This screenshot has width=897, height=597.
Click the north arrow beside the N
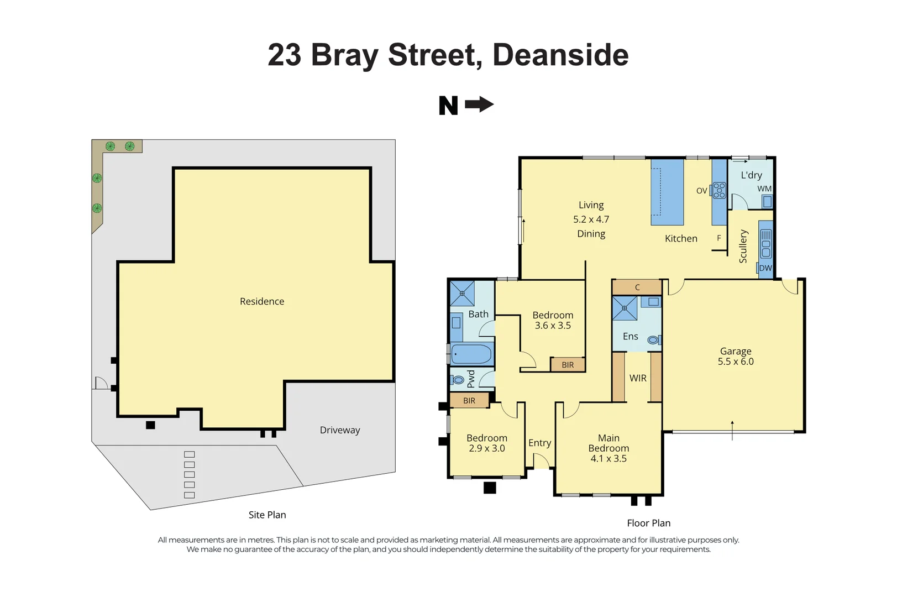pyautogui.click(x=479, y=104)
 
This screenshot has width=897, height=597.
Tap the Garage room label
pyautogui.click(x=736, y=351)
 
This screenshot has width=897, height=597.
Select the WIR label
pyautogui.click(x=638, y=378)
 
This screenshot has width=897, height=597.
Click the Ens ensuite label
pyautogui.click(x=630, y=336)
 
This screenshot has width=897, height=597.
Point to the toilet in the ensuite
pyautogui.click(x=653, y=340)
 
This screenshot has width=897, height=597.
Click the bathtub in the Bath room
pyautogui.click(x=471, y=354)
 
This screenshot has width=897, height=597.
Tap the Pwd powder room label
pyautogui.click(x=471, y=379)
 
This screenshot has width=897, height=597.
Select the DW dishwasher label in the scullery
pyautogui.click(x=765, y=268)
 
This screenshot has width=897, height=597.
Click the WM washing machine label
pyautogui.click(x=764, y=188)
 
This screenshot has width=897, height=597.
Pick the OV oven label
pyautogui.click(x=701, y=191)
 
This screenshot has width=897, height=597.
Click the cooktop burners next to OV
pyautogui.click(x=719, y=190)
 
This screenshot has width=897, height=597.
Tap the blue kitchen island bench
pyautogui.click(x=667, y=192)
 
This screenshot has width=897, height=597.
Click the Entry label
pyautogui.click(x=539, y=443)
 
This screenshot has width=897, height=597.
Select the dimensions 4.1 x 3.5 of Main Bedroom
pyautogui.click(x=609, y=458)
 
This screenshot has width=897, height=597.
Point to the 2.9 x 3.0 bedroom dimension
pyautogui.click(x=487, y=448)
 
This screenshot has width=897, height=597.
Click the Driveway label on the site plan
pyautogui.click(x=340, y=430)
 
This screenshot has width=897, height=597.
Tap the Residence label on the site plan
pyautogui.click(x=262, y=301)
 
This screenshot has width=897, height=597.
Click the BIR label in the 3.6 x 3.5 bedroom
pyautogui.click(x=568, y=365)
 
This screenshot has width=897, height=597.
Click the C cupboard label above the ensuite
pyautogui.click(x=637, y=287)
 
